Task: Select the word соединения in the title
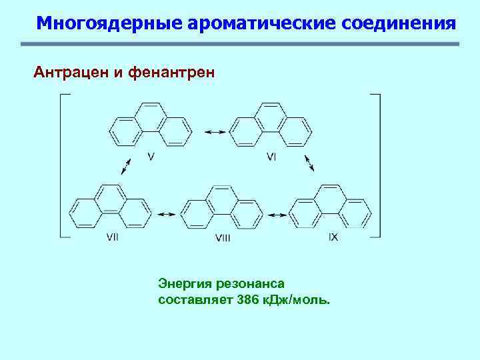coord(399,24)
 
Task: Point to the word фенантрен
coord(174,71)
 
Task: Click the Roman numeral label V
coord(151,157)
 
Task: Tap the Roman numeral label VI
coord(271,157)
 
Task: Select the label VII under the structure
coord(112,237)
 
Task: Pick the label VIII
coord(223,238)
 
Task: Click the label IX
coord(333,237)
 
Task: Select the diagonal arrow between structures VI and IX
coord(309,163)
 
